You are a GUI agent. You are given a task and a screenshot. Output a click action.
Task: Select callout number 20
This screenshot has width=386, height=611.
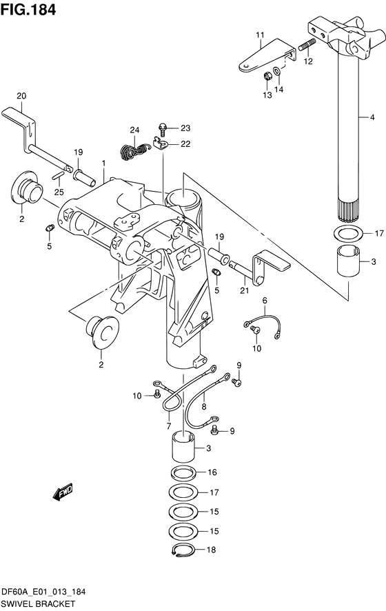21,95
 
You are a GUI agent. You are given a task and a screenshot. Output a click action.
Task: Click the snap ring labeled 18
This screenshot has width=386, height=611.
182,550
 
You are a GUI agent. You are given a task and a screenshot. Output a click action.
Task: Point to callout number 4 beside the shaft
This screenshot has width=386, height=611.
372,118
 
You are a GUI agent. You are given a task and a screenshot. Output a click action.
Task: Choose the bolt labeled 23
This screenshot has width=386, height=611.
163,128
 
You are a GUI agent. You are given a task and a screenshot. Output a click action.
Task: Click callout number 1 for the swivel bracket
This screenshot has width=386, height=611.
103,163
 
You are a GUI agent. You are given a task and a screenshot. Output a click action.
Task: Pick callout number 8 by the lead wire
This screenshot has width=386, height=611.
204,408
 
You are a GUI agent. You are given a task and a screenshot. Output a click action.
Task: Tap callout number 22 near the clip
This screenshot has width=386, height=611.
185,143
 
